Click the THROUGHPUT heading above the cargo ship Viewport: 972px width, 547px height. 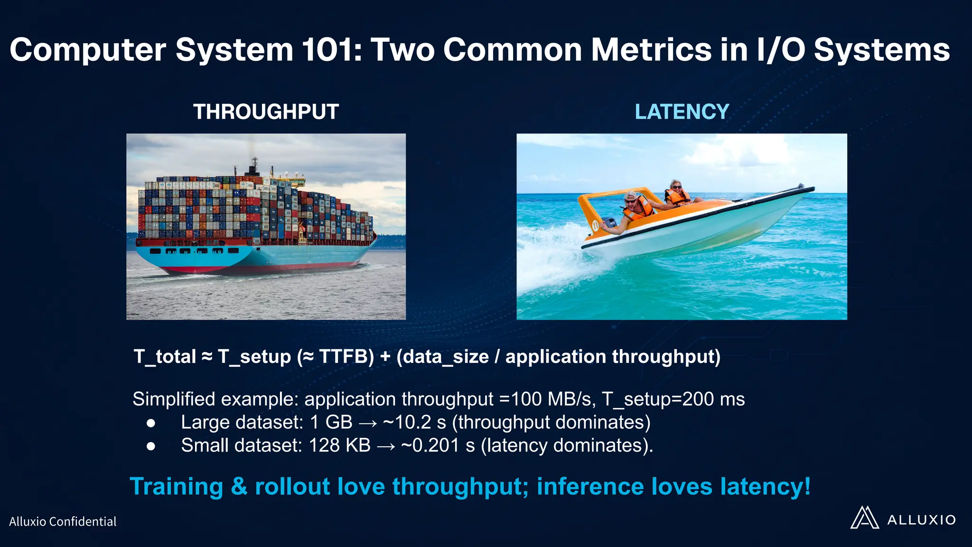(266, 112)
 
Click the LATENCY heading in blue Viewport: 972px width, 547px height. (682, 112)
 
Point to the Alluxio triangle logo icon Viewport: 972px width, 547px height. (864, 518)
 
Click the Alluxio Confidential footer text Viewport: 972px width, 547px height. (63, 521)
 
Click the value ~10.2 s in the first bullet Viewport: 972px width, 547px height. (414, 422)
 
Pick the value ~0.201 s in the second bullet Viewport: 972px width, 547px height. (438, 445)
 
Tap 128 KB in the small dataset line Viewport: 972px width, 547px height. (339, 445)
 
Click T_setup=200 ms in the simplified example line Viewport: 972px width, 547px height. (673, 399)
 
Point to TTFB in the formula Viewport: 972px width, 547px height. (346, 357)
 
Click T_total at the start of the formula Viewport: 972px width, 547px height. (165, 357)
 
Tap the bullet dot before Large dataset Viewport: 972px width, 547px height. (151, 423)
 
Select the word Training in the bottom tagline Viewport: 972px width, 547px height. (176, 487)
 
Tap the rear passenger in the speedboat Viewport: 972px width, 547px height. (676, 192)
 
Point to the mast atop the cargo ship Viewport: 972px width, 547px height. (253, 166)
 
